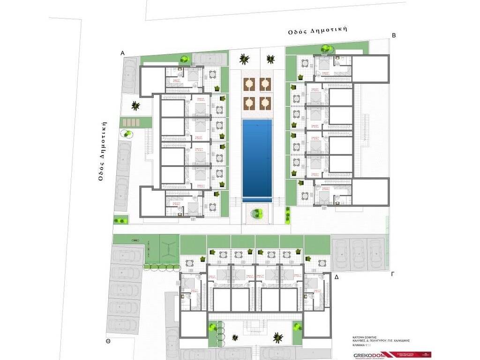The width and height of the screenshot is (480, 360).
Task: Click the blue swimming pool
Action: click(257, 160)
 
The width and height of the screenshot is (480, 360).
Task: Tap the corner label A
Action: click(122, 53)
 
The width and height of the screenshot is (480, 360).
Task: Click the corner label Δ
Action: click(336, 277)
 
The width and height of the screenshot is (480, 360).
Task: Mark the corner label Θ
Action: click(108, 342)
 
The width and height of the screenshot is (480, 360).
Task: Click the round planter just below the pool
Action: click(257, 214)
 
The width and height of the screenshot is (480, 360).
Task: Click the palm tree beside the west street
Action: click(135, 105)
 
